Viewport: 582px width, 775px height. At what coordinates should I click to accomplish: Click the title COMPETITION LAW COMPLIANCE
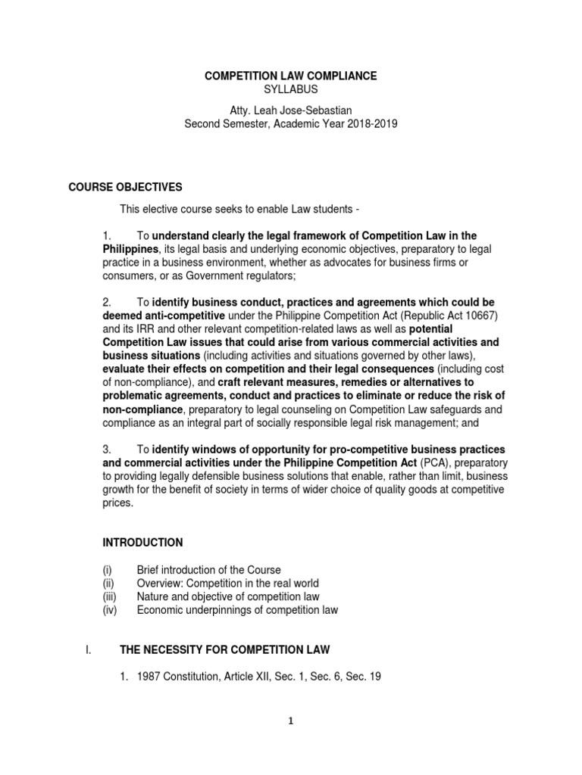[x=291, y=76]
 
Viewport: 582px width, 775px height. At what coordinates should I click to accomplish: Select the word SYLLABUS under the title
[x=291, y=89]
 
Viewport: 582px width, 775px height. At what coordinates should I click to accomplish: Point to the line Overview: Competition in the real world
[x=227, y=583]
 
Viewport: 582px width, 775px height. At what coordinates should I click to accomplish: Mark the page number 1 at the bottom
[x=291, y=743]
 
